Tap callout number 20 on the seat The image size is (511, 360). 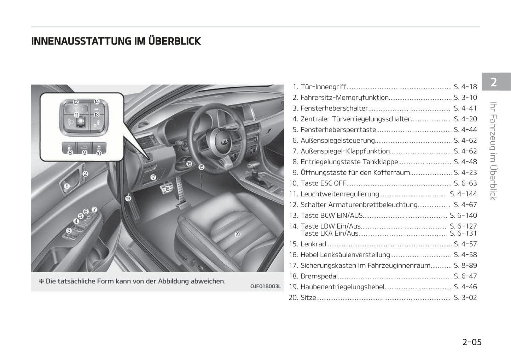[238, 234]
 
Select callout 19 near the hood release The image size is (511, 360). [128, 199]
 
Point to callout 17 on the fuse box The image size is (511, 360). [153, 177]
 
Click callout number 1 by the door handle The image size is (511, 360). [67, 186]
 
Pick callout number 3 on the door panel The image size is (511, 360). [69, 230]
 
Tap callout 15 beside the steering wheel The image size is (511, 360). [201, 167]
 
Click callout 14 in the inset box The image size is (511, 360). [97, 102]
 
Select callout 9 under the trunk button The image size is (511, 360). [84, 153]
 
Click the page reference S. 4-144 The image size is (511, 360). [463, 194]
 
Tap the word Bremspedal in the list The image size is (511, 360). [319, 276]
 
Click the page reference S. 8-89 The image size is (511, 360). [465, 265]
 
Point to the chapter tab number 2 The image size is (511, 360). [494, 82]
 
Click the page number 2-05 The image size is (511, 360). [472, 342]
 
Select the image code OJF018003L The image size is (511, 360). [265, 286]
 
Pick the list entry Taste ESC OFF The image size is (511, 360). [323, 183]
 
